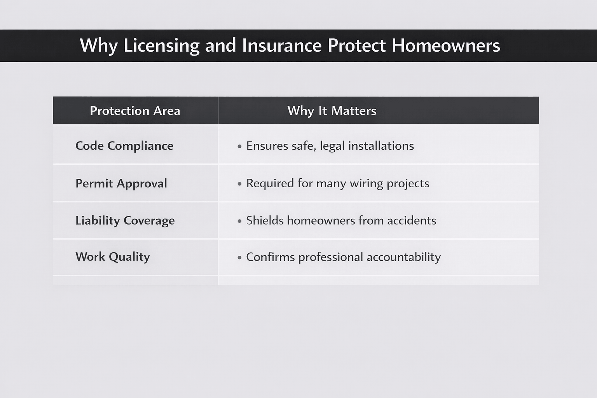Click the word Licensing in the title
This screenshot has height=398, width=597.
[161, 46]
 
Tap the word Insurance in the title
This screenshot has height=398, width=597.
[282, 45]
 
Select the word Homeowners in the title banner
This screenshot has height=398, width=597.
[446, 45]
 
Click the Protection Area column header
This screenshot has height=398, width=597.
[135, 111]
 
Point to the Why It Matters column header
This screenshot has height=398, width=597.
[332, 111]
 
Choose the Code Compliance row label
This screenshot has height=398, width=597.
[124, 146]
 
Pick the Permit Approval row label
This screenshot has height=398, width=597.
[121, 183]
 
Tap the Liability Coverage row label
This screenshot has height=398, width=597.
[125, 220]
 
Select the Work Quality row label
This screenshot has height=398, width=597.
[113, 257]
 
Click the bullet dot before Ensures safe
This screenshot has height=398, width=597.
[239, 146]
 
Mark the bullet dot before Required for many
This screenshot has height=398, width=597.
[239, 183]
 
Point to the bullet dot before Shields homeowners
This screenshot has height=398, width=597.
[239, 221]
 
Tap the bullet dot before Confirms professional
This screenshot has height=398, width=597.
[239, 257]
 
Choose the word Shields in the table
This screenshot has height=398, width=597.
[265, 220]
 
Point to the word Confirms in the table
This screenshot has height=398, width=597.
[271, 257]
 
